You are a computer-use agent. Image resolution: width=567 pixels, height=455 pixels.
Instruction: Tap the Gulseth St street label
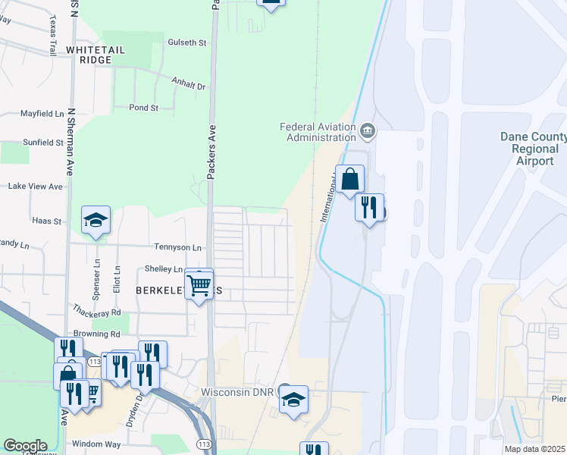187,43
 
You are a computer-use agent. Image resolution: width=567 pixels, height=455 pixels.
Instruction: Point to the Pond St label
143,108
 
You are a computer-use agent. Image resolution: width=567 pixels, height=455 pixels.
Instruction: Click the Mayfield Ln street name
42,114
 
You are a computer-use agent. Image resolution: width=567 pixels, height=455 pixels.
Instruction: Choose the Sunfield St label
43,142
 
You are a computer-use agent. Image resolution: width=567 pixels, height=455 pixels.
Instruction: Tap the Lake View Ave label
35,186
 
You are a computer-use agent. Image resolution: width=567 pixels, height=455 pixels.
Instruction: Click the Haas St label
46,221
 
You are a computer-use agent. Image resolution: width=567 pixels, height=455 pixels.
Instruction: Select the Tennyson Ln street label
178,247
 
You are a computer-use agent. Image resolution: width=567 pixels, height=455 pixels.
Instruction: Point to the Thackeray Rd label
96,312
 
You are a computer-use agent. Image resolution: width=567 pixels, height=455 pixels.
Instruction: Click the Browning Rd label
96,334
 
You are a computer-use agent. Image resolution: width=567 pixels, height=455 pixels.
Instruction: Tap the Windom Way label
96,444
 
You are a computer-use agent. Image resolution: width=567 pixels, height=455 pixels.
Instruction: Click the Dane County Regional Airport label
533,149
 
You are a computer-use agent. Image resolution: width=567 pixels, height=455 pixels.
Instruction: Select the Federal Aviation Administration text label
318,132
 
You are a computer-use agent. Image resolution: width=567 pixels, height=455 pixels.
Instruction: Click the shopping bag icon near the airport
349,180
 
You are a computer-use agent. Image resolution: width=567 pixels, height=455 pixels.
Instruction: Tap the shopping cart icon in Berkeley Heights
199,285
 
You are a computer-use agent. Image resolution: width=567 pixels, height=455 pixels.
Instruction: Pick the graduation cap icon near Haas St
96,220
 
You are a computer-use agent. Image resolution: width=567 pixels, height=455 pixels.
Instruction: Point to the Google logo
25,446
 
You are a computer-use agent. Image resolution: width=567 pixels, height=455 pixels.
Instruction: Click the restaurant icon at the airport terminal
369,207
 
